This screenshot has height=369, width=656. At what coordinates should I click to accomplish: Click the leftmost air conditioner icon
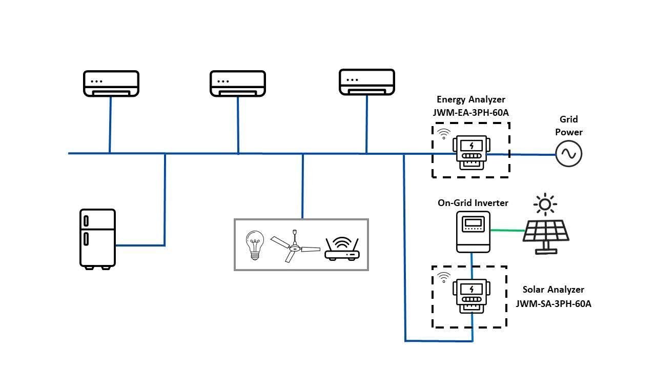[111, 84]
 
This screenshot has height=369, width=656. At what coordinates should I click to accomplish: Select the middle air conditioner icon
[238, 84]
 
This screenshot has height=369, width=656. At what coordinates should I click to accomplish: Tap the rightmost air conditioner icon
[367, 82]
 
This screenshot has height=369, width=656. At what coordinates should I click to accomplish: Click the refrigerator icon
[97, 239]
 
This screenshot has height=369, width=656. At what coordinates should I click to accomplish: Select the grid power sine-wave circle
[569, 153]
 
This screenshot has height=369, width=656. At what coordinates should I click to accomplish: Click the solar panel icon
[546, 235]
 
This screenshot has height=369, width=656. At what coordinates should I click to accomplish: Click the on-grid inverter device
[474, 232]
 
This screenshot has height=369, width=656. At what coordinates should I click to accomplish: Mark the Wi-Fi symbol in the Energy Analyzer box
[443, 134]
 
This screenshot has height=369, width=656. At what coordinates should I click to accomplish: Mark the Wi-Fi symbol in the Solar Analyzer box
[443, 277]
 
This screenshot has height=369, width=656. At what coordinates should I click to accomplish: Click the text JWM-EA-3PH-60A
[471, 112]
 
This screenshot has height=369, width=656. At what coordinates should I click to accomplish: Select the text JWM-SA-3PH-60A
[553, 303]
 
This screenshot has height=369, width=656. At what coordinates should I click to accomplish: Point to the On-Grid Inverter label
[473, 203]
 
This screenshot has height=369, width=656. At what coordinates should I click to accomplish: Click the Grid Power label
[568, 126]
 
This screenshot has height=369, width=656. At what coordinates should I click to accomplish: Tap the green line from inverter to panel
[507, 230]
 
